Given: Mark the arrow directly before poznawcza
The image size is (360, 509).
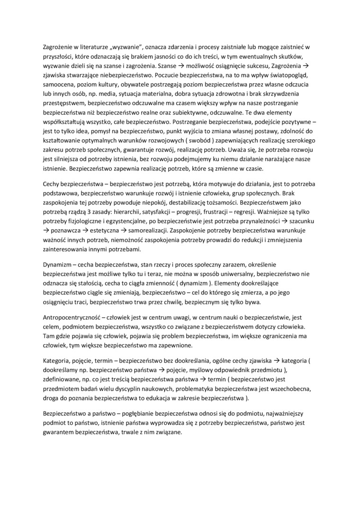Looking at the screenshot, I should coord(46,230).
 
